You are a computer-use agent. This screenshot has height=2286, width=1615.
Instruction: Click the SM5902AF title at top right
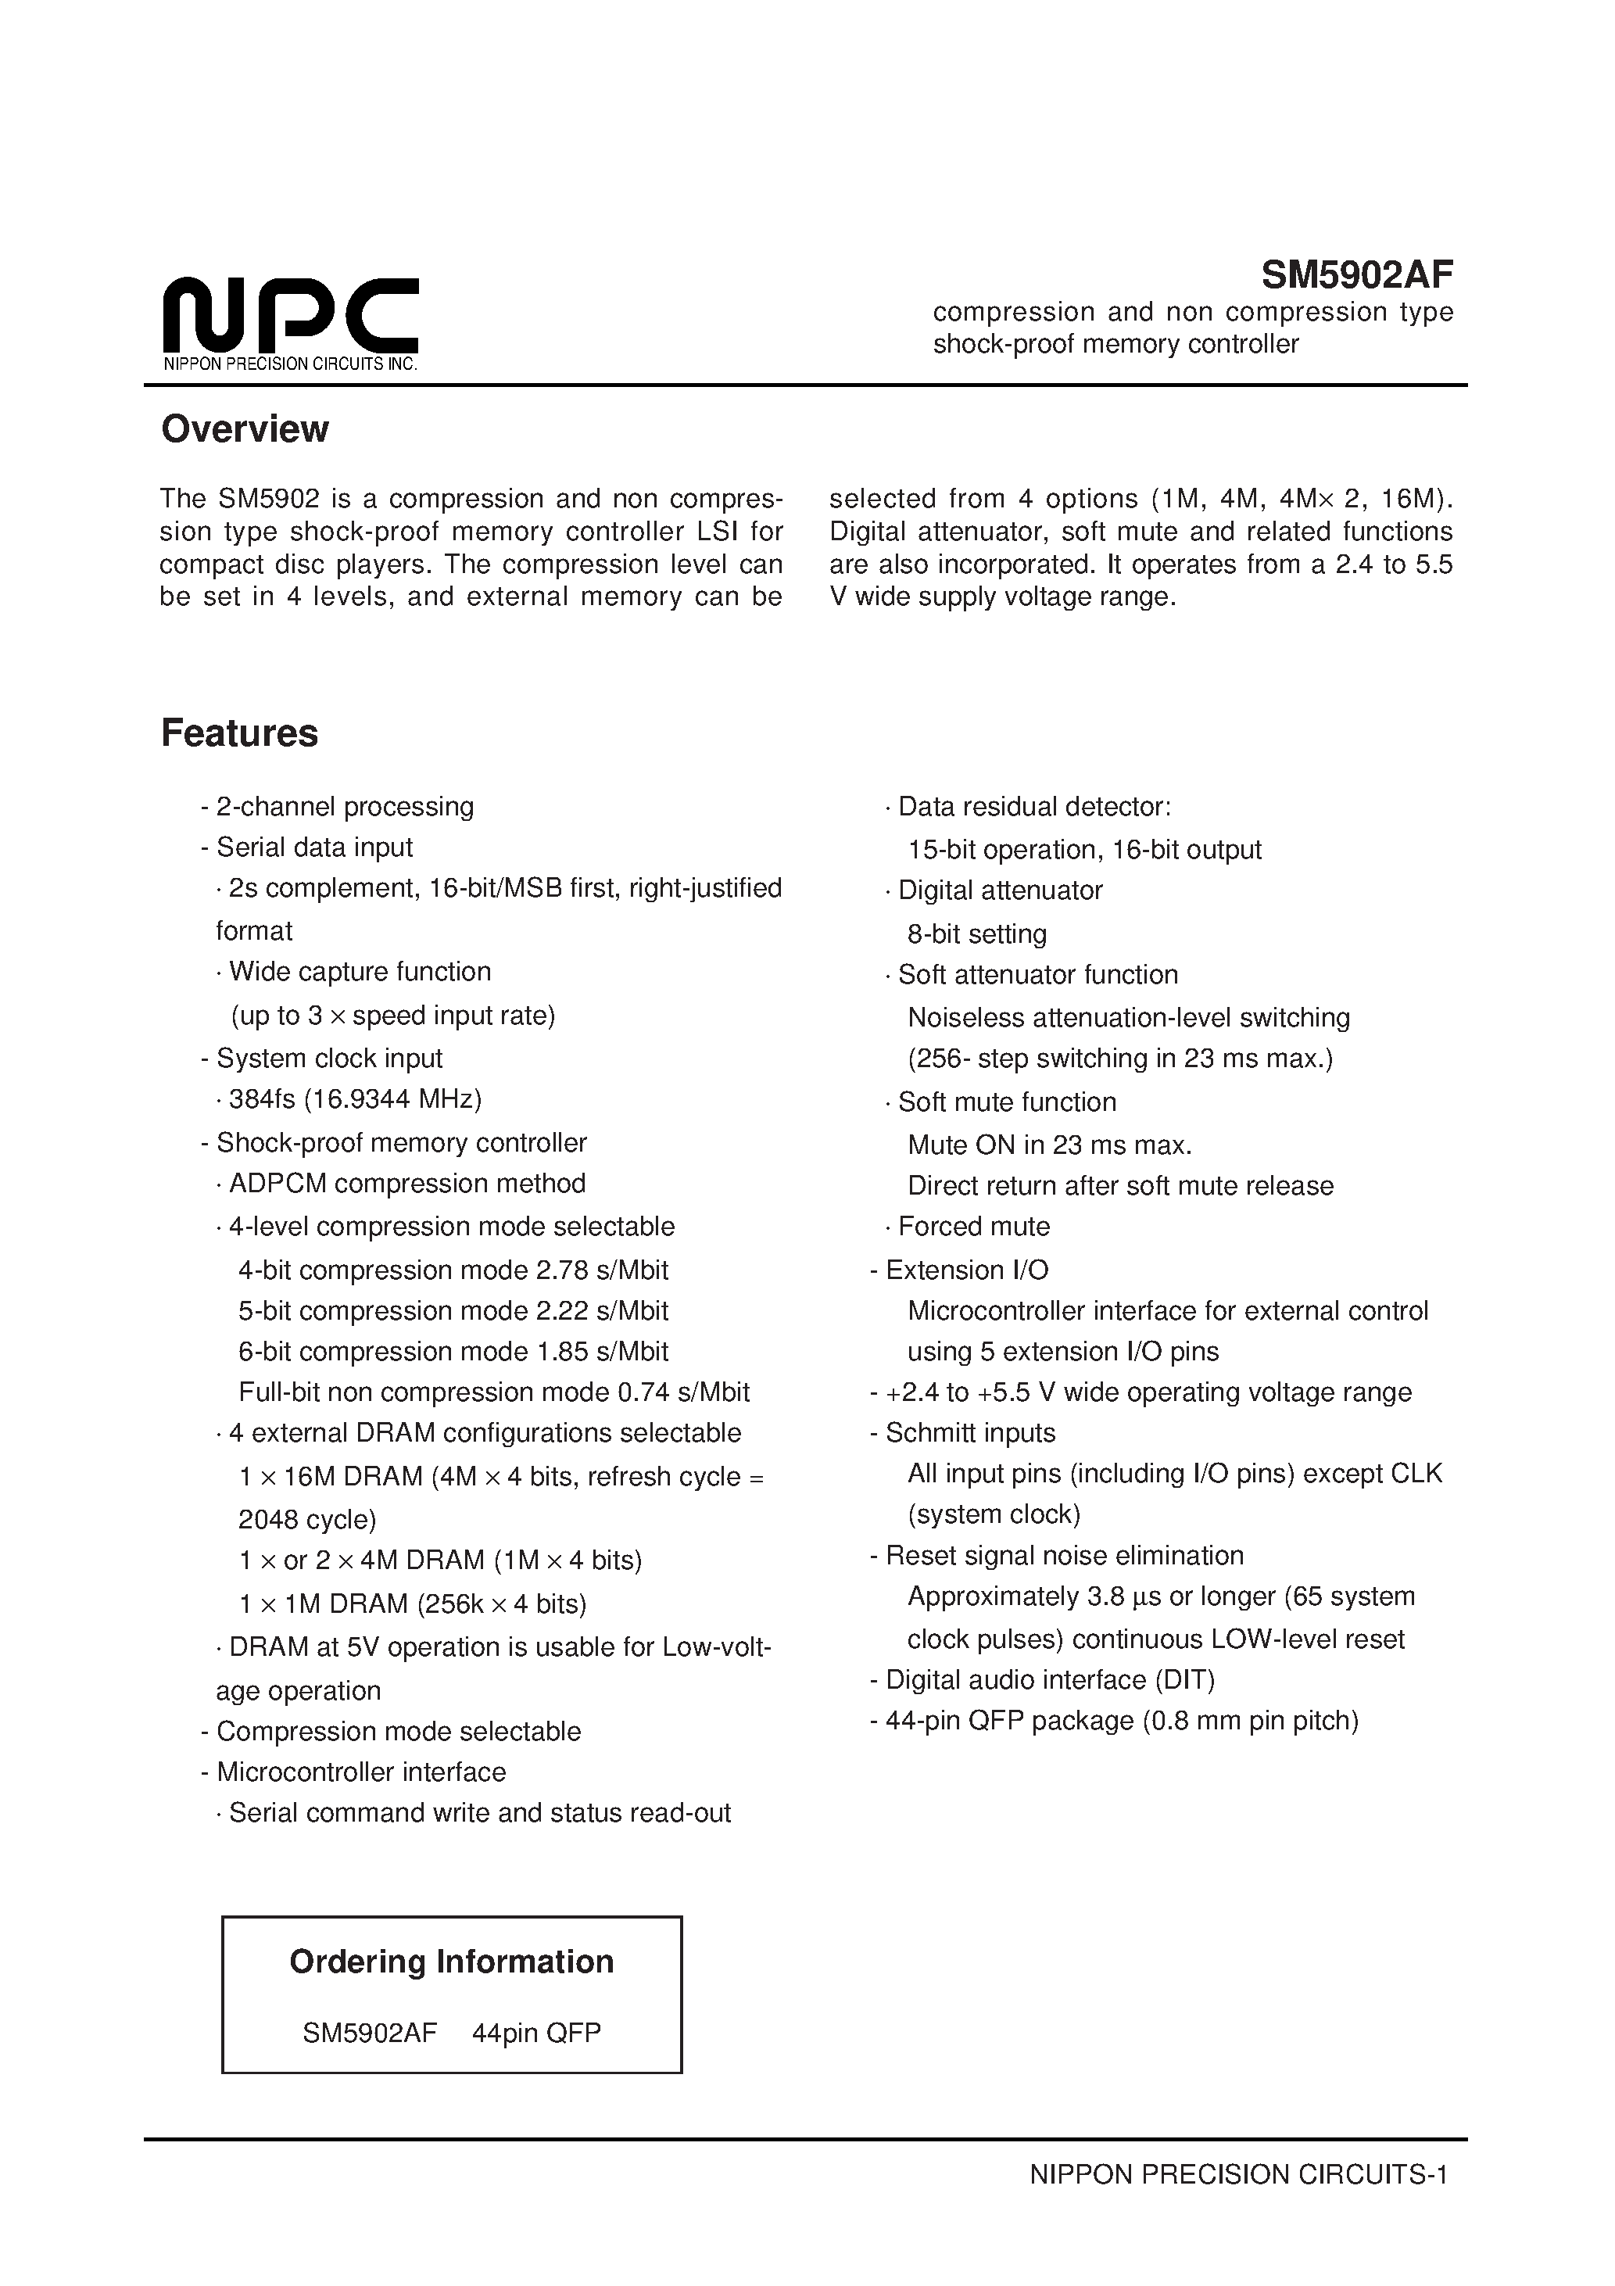click(1356, 273)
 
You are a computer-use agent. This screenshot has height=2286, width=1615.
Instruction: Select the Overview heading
click(245, 429)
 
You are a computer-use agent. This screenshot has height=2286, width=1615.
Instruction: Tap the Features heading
click(240, 733)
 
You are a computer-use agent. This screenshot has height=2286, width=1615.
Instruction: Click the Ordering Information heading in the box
click(451, 1962)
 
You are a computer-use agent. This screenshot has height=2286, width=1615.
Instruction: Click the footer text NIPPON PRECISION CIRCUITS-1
click(1237, 2174)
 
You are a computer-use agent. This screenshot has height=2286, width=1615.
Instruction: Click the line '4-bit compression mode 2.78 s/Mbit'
click(453, 1270)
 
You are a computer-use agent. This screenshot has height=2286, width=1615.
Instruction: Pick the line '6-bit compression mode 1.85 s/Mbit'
click(453, 1351)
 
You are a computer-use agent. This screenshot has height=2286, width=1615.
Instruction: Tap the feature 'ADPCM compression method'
click(406, 1184)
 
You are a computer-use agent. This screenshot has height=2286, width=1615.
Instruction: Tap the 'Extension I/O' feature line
click(966, 1270)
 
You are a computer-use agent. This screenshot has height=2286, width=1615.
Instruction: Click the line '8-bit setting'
click(977, 934)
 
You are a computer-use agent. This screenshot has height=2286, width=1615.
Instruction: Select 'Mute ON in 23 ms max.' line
click(1050, 1145)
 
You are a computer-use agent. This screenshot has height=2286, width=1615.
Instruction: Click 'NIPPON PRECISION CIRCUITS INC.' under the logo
click(290, 364)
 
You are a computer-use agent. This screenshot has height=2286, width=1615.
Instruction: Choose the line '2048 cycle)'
click(306, 1519)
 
